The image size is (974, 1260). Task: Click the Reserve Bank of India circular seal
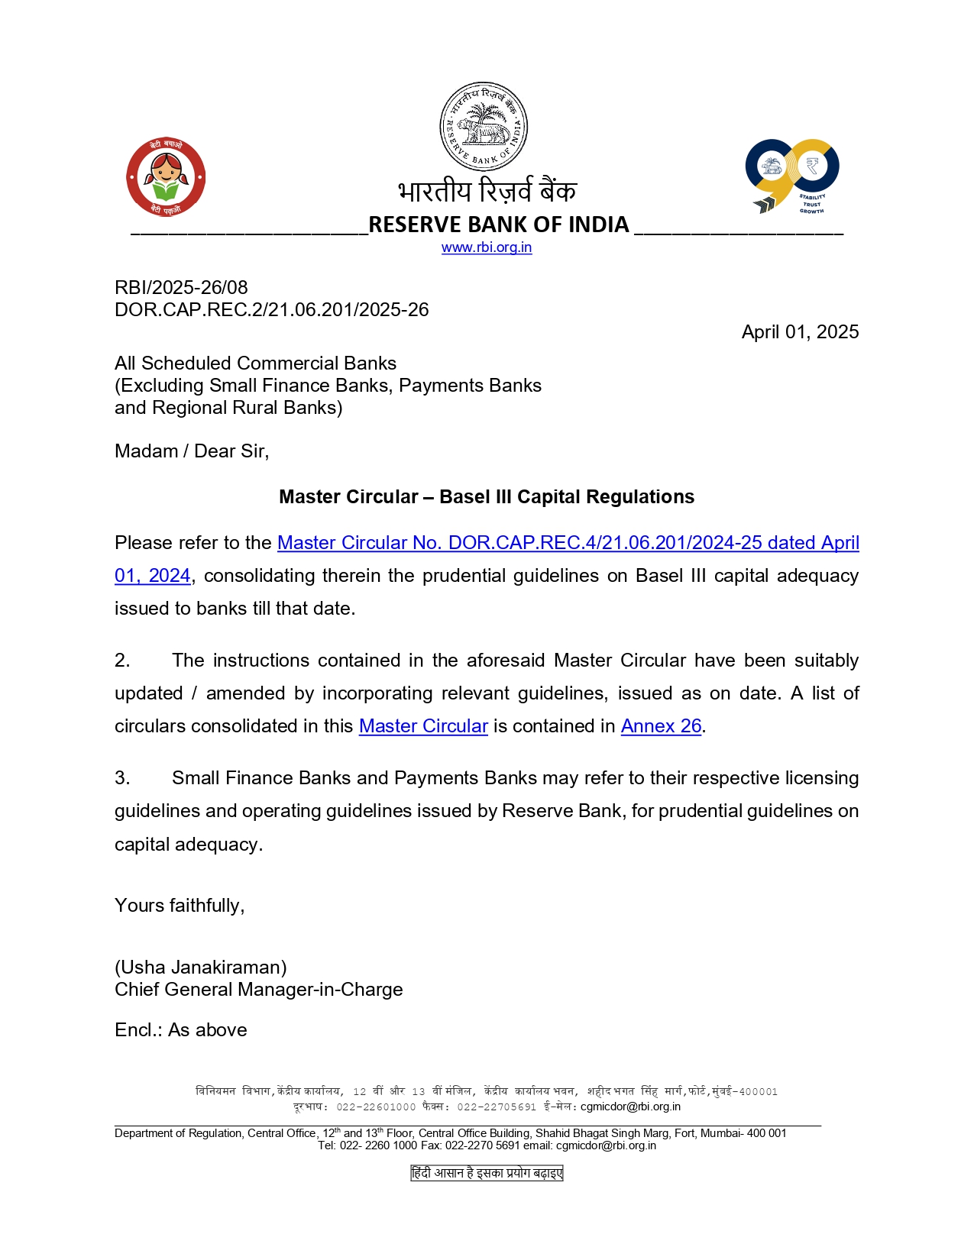coord(483,127)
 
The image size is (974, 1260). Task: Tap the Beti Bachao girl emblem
coord(166,177)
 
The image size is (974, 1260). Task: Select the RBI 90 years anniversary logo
coord(792,176)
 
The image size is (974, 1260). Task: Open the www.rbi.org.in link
coord(487,247)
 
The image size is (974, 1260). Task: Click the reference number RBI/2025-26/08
coord(181,288)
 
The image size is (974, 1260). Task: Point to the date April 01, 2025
coord(800,332)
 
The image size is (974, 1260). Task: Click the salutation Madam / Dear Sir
coord(192,451)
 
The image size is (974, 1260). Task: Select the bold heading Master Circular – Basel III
coord(487,497)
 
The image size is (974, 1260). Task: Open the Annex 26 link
coord(661,726)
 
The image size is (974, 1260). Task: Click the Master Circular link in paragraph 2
coord(423,726)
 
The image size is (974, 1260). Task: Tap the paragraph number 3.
coord(122,778)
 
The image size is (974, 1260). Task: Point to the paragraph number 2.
coord(122,661)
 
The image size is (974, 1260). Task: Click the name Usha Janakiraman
coord(201,968)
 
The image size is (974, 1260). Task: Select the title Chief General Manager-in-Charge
coord(258,990)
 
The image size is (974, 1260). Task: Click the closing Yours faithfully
coord(180,906)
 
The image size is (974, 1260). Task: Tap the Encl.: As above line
coord(181,1030)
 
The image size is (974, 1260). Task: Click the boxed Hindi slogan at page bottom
coord(487,1173)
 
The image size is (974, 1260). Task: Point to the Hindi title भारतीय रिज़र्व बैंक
coord(487,192)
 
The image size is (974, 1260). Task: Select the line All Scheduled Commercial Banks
coord(255,363)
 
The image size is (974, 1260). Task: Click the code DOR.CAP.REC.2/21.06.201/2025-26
coord(271,310)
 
